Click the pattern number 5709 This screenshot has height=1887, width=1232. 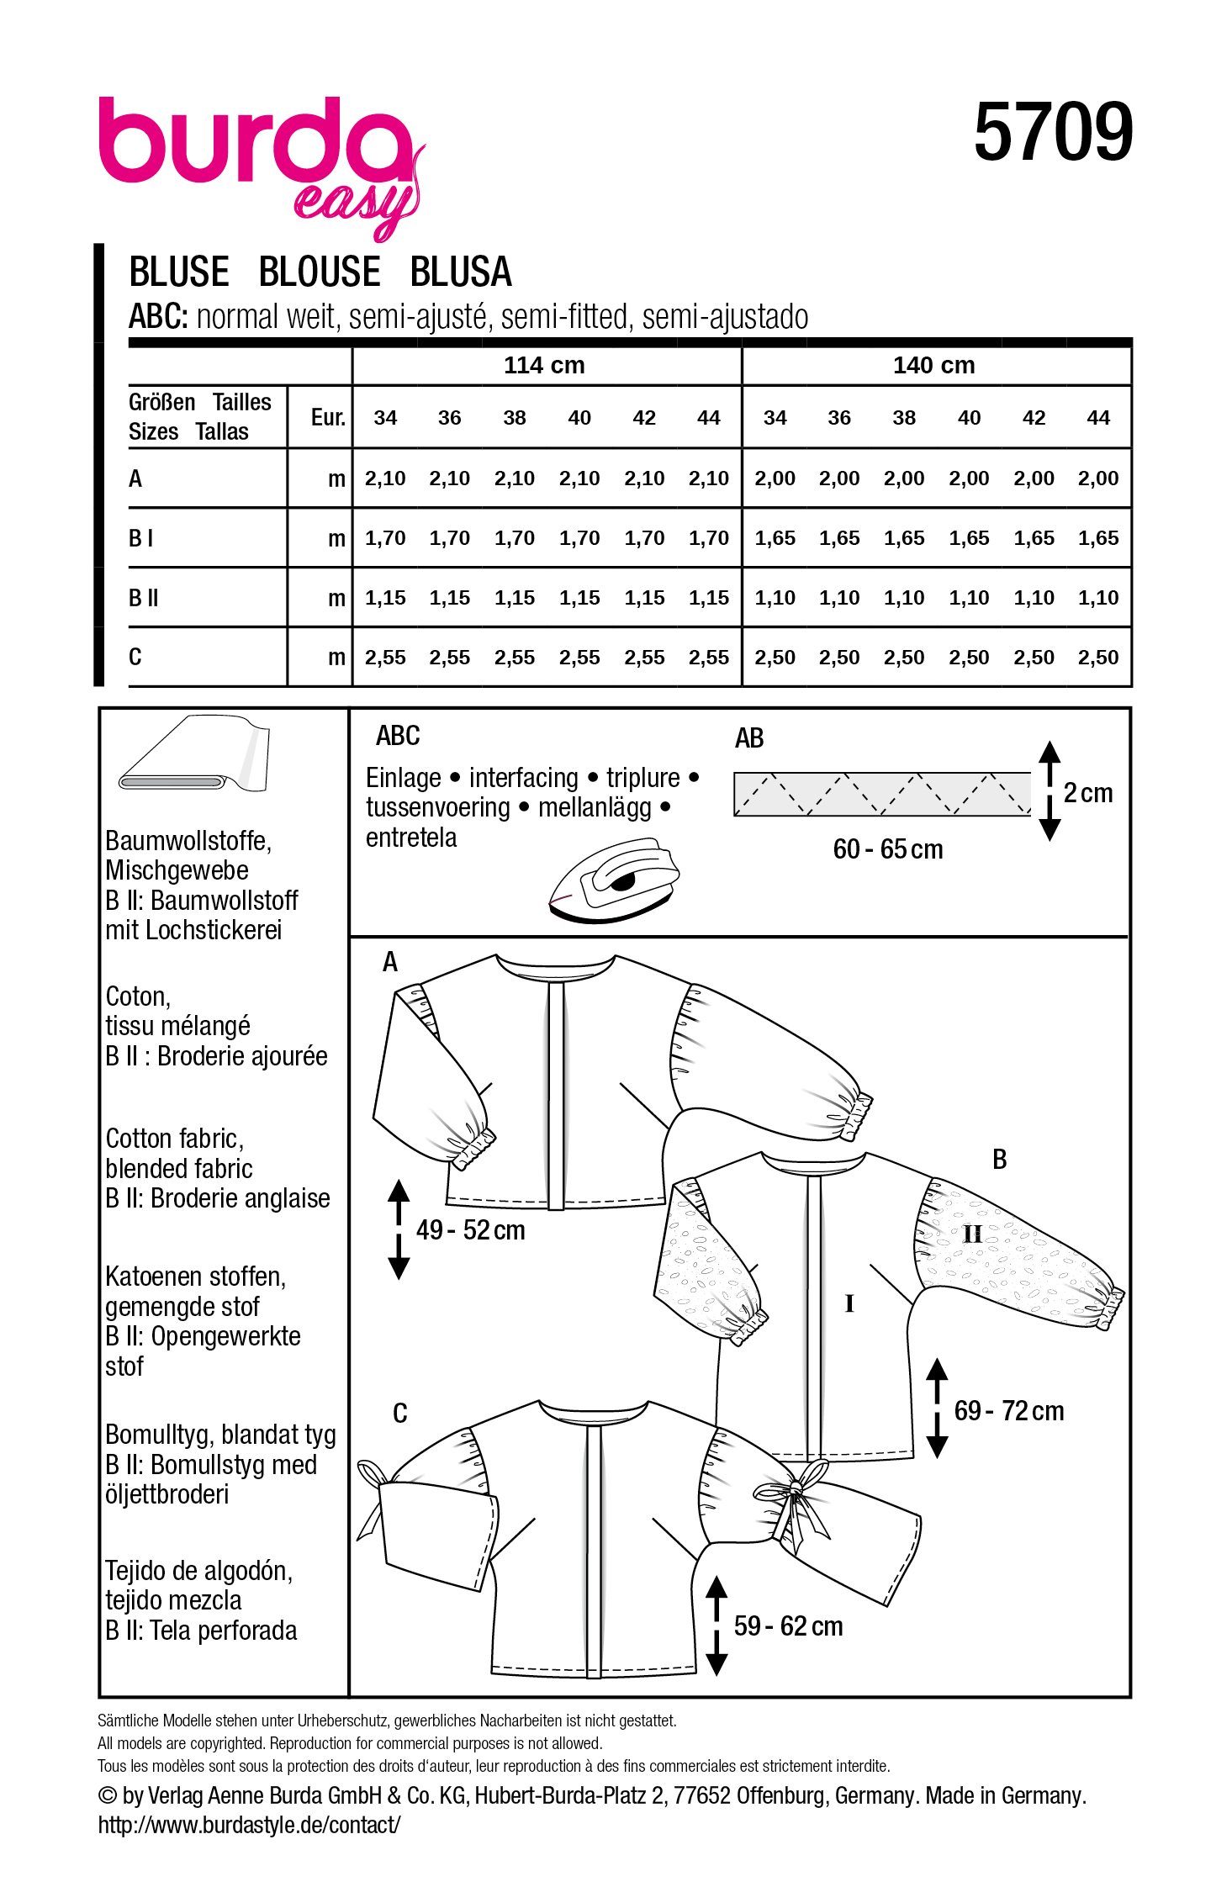pos(1052,132)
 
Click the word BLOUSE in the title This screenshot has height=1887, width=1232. pos(320,272)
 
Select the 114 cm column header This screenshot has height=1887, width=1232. pos(544,366)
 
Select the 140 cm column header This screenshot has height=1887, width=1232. pos(933,366)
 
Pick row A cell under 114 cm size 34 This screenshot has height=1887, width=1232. pos(385,478)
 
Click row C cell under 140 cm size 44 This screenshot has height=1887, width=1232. pos(1097,658)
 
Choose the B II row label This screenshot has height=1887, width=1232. pos(144,598)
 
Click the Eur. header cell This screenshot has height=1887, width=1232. pos(328,418)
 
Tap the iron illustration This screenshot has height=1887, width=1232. pos(614,882)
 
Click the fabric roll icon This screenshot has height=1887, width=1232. pos(195,754)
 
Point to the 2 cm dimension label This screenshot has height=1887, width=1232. pos(1087,793)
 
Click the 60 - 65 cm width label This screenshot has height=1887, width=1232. pos(888,849)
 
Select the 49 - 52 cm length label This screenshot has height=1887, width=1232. pos(470,1230)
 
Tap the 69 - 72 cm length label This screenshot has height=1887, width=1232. pos(1008,1410)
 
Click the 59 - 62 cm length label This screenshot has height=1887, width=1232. pos(788,1626)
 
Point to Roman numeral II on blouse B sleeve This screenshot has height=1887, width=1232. pos(972,1234)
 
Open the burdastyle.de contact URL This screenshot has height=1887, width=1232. pos(249,1825)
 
